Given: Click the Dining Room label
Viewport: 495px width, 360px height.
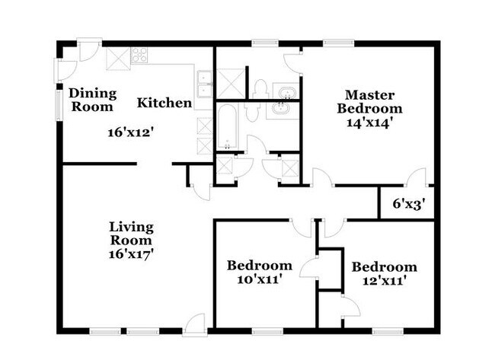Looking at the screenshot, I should click(x=92, y=100).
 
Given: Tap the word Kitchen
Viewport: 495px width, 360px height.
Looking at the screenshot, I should click(x=164, y=102).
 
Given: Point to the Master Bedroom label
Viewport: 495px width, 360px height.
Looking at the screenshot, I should click(x=369, y=101).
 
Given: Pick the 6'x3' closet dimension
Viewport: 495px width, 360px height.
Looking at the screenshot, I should click(x=407, y=203).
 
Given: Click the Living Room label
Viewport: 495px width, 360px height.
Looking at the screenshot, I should click(x=131, y=234).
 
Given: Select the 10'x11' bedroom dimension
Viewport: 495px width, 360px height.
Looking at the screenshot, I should click(x=259, y=279).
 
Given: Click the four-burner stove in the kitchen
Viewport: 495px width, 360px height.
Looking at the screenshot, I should click(x=140, y=54).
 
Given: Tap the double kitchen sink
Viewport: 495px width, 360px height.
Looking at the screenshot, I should click(x=204, y=83).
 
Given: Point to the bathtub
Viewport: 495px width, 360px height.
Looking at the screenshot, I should click(x=228, y=127).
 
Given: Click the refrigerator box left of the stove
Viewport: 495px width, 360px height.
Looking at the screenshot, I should click(x=117, y=58).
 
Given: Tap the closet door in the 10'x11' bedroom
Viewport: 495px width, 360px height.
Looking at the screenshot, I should click(x=310, y=269).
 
